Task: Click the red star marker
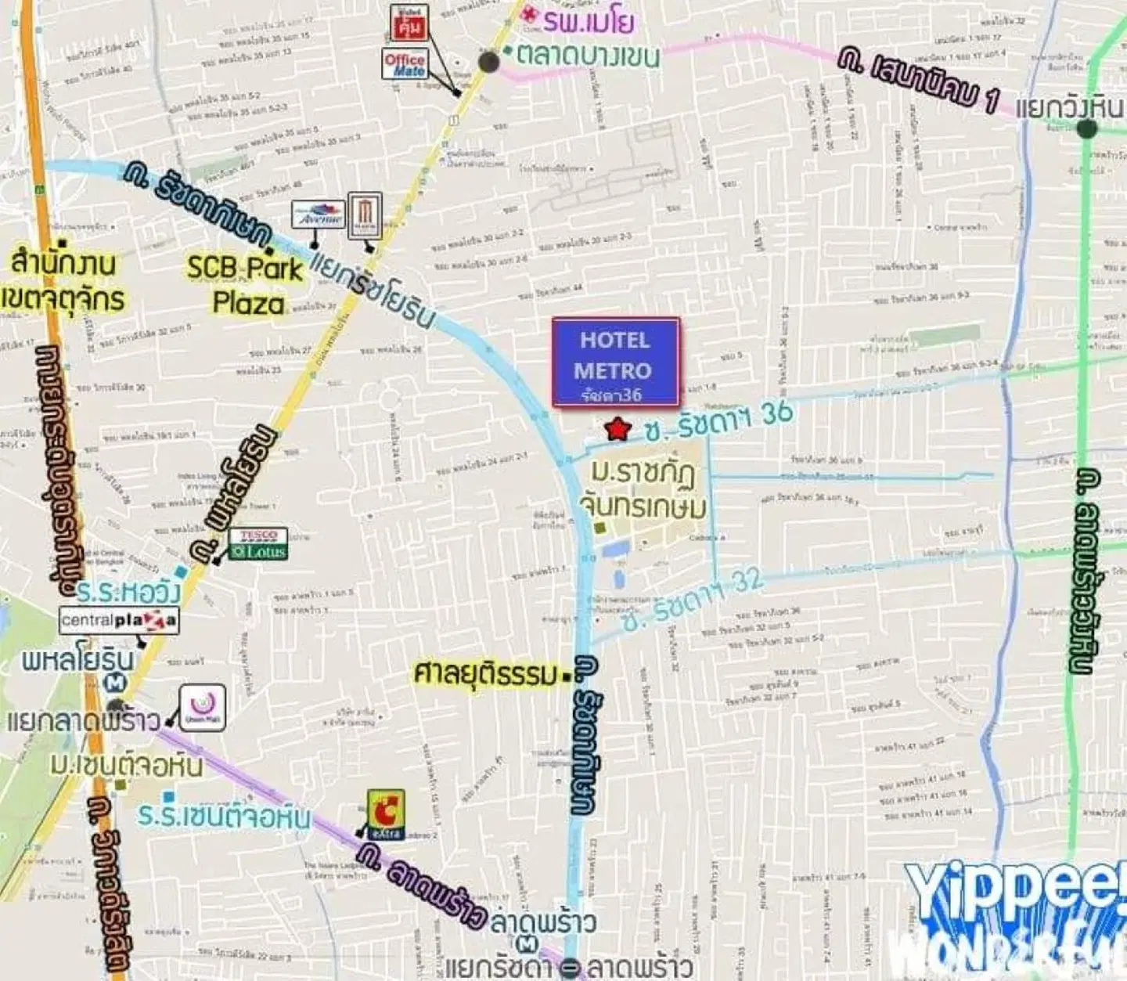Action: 618,429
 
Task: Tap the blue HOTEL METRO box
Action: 615,362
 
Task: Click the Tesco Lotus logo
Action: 258,544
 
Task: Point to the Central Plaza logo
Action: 119,621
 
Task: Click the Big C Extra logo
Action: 386,814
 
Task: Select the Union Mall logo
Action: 203,708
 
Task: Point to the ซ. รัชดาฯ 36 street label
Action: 718,421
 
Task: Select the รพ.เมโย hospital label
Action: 588,21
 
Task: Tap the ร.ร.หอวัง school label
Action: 128,591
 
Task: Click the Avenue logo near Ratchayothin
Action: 319,214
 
